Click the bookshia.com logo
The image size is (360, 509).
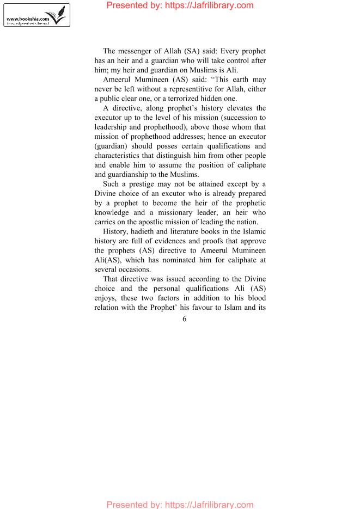pos(36,15)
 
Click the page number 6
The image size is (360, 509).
pos(185,319)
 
